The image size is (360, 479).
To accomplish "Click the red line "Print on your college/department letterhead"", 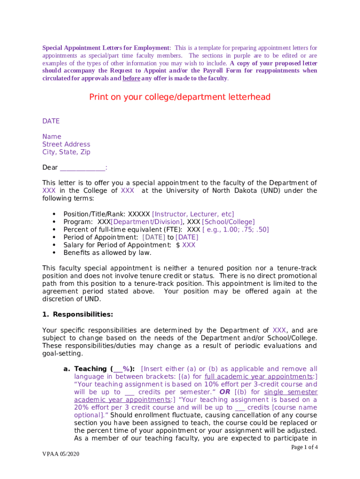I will (x=180, y=97).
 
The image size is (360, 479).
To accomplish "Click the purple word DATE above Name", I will (x=51, y=121).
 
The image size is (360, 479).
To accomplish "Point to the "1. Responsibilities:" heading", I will (x=78, y=314).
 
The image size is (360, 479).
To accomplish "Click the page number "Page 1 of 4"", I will (x=304, y=447).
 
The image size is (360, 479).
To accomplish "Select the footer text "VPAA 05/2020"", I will (x=60, y=454).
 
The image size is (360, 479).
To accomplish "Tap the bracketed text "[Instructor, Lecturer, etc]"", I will (x=193, y=214).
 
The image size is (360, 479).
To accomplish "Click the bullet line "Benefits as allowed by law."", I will (x=108, y=253).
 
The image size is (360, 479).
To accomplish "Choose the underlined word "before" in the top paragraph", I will (x=131, y=78).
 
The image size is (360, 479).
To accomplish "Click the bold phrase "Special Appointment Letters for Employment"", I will (x=106, y=48).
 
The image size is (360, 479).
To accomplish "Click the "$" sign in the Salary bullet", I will (x=178, y=245).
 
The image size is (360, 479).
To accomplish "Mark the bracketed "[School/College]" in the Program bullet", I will (x=228, y=222).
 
